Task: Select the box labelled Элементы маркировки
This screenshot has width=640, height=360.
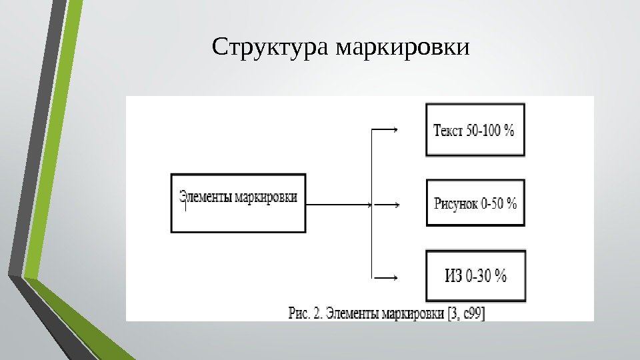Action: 239,203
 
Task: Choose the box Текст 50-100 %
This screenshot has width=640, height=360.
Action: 475,130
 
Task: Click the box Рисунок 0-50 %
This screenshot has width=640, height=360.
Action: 475,203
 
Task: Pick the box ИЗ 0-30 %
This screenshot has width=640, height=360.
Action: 475,275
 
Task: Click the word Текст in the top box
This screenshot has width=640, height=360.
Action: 447,131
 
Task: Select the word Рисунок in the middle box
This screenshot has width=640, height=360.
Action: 455,204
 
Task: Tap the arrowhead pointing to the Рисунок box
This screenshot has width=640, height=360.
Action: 397,205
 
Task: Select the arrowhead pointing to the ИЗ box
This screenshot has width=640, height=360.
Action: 397,276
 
